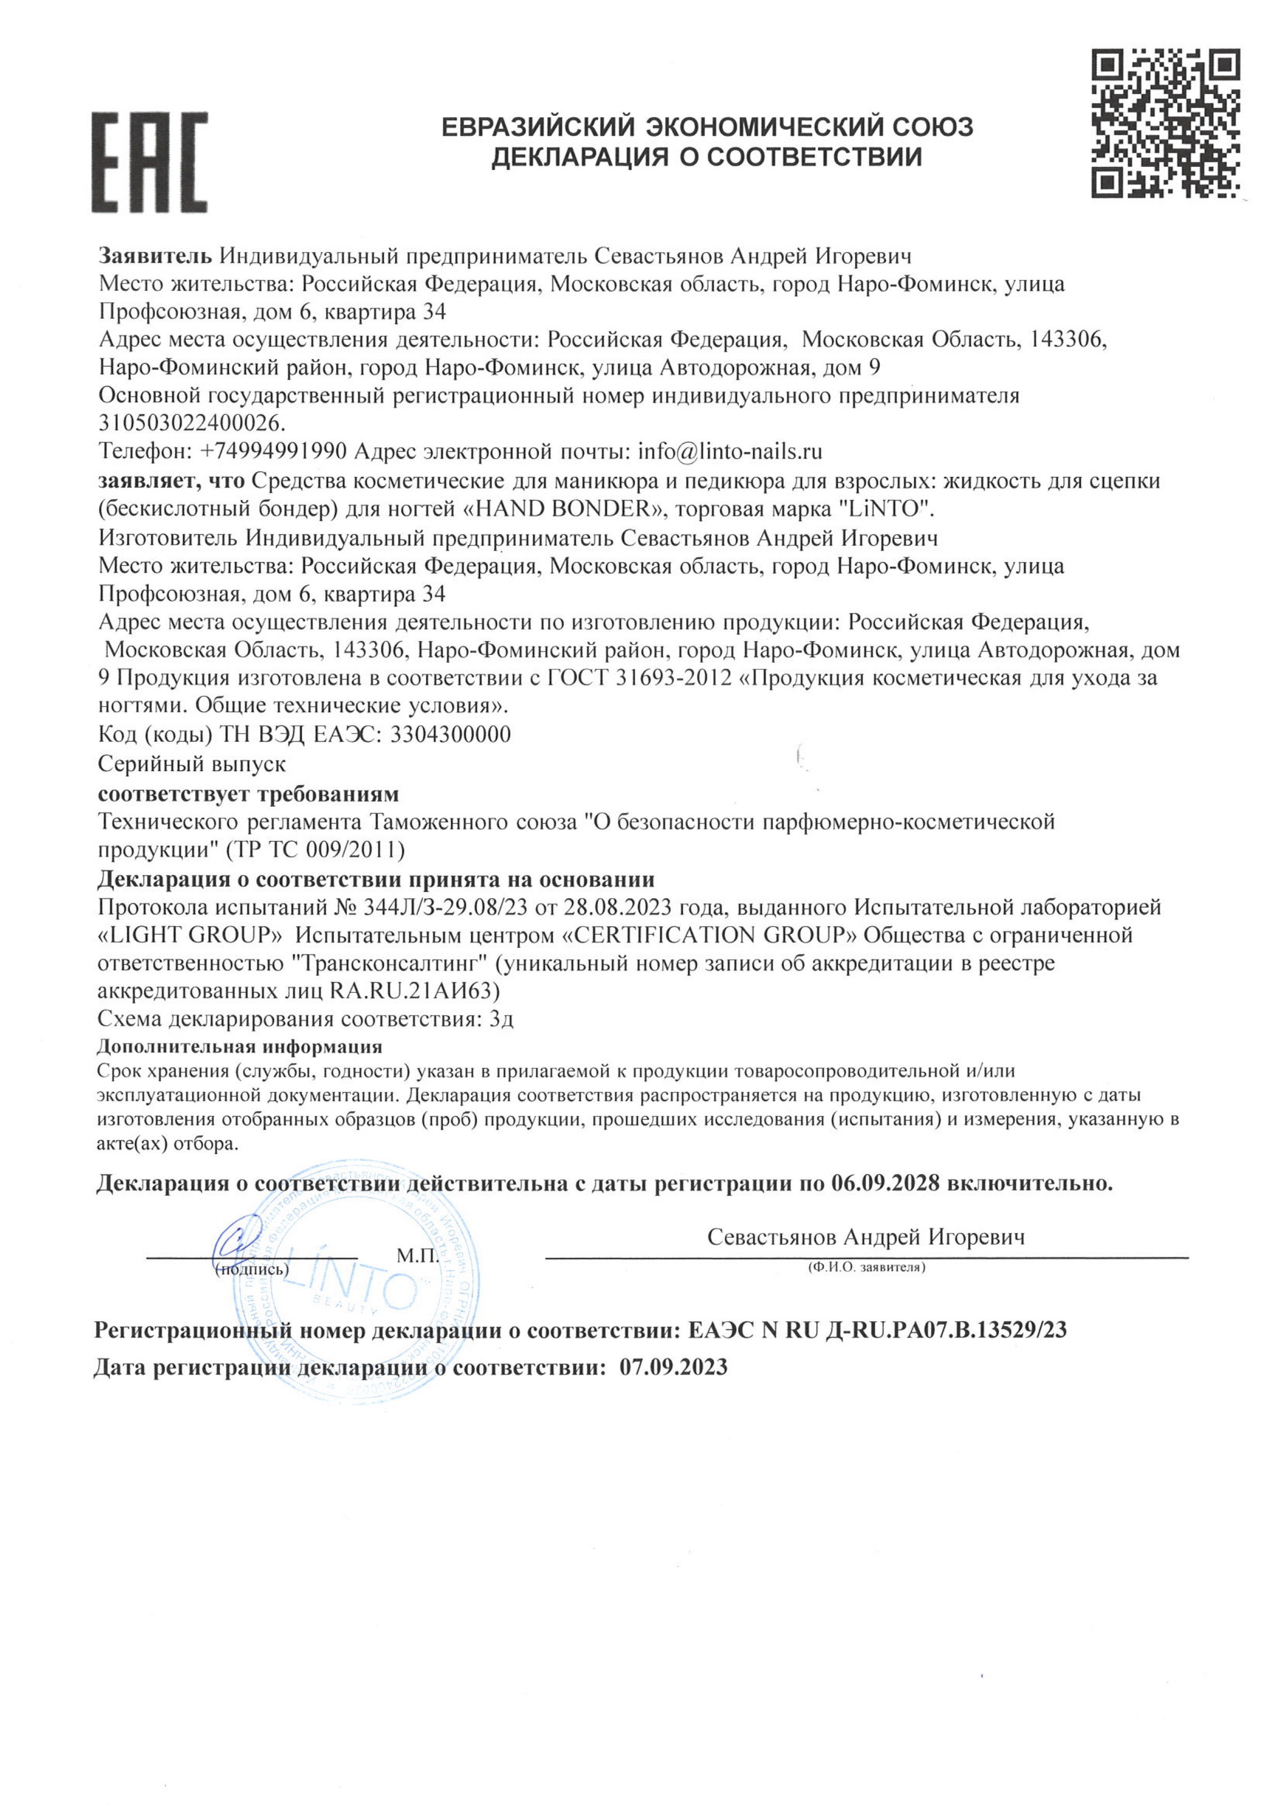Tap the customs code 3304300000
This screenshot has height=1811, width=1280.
450,735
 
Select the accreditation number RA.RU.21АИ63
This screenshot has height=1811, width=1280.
414,991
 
